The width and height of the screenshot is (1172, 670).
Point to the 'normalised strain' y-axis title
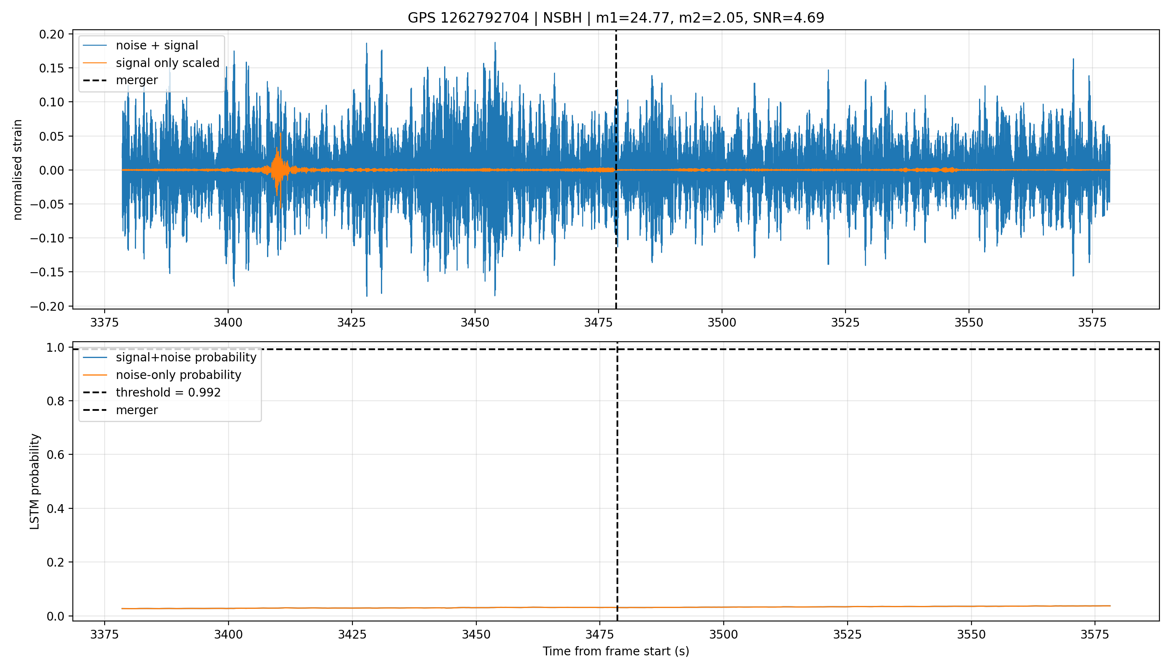point(18,170)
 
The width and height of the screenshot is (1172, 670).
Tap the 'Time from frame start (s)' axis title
point(616,651)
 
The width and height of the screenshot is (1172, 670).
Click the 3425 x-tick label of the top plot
point(352,322)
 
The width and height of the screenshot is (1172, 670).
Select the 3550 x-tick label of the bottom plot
point(972,634)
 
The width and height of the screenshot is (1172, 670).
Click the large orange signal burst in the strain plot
point(279,170)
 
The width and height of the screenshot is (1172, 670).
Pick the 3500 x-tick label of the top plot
point(722,322)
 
